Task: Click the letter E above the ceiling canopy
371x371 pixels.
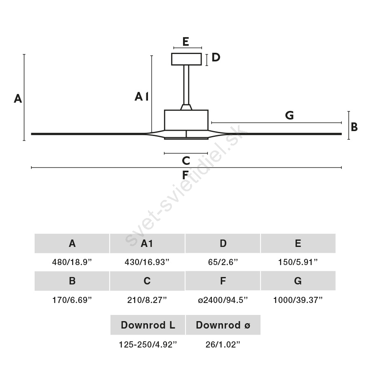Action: [x=186, y=42]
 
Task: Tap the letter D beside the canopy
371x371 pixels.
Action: [x=216, y=57]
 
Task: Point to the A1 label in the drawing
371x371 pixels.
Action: [x=142, y=96]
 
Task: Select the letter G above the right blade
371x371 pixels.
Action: [x=289, y=115]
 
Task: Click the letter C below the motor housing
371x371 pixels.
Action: [x=186, y=161]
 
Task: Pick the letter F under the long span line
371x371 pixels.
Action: [x=185, y=175]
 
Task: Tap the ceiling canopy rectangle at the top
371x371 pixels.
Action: [x=186, y=59]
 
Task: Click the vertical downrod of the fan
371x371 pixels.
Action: [x=186, y=85]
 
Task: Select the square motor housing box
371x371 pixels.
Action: [x=186, y=120]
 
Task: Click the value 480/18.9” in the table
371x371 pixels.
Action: [x=72, y=262]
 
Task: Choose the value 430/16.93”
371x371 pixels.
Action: [x=147, y=262]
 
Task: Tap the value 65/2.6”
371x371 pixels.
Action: [x=223, y=262]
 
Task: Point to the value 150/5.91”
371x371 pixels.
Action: [x=298, y=262]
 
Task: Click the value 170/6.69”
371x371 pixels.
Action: [x=72, y=300]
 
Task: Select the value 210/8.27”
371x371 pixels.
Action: [x=147, y=300]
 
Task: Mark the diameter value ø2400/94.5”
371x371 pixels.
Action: [x=223, y=300]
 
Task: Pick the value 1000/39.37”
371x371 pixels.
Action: [x=298, y=300]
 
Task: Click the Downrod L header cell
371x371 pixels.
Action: [x=148, y=325]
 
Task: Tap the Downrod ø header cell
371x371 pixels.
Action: [x=223, y=325]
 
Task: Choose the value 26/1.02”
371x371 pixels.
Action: [x=223, y=345]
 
